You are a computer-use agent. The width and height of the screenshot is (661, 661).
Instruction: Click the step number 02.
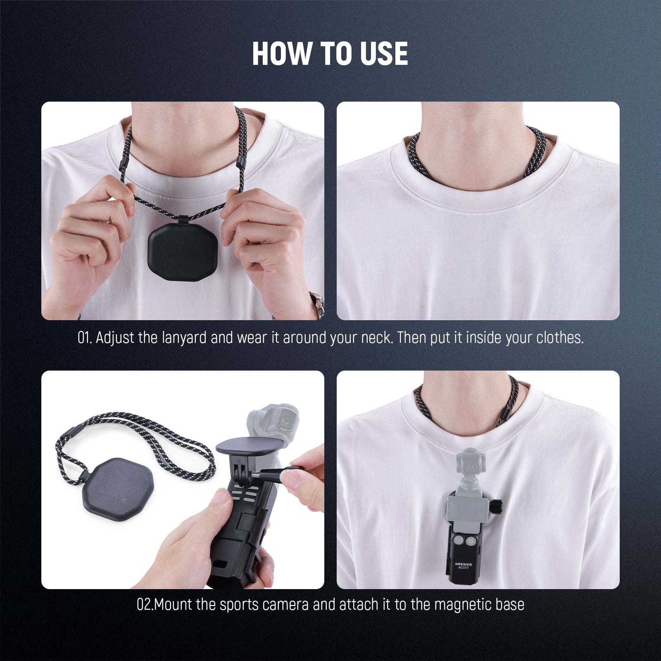point(145,605)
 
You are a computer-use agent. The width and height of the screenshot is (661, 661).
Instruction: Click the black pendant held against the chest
point(182,254)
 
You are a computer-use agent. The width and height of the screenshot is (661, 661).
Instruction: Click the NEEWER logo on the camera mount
point(464,564)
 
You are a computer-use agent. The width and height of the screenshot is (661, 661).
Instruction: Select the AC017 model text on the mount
point(464,570)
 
